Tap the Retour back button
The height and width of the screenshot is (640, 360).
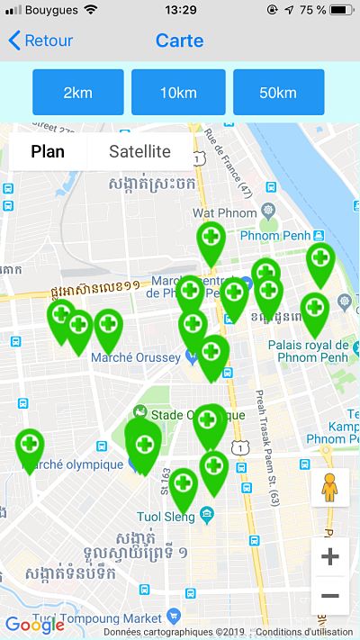(41, 41)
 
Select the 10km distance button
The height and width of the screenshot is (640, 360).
(178, 92)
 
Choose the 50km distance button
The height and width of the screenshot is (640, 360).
(278, 92)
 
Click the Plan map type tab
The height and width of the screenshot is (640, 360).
(48, 151)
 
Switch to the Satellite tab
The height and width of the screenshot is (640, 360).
(139, 151)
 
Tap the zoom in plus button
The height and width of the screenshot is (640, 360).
(329, 557)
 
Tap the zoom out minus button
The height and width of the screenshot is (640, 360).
(329, 596)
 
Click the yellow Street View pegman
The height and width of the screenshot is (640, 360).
(329, 488)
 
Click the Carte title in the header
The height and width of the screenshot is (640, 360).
(179, 41)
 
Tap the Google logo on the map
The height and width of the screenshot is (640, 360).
(34, 625)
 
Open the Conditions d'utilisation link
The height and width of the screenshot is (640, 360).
(304, 632)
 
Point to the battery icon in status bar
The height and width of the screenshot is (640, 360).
(341, 10)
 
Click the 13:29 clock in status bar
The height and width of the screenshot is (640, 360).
(181, 10)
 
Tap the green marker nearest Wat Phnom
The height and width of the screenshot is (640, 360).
(211, 240)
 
